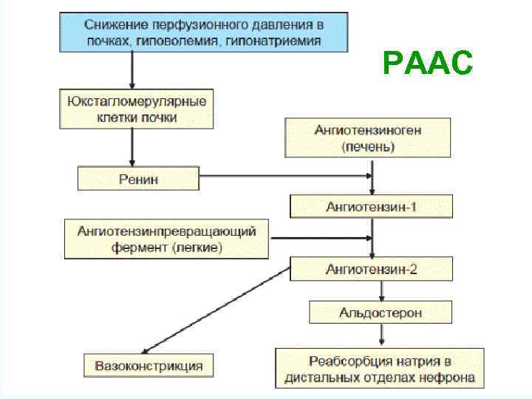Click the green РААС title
pos(429,64)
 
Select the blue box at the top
pos(205,32)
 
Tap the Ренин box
pos(138,178)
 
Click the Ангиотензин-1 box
pos(371,206)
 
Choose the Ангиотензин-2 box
pos(371,269)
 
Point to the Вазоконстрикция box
pos(149,366)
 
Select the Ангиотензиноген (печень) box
pos(367,138)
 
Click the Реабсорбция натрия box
pos(380,369)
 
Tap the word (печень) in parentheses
pos(368,147)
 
